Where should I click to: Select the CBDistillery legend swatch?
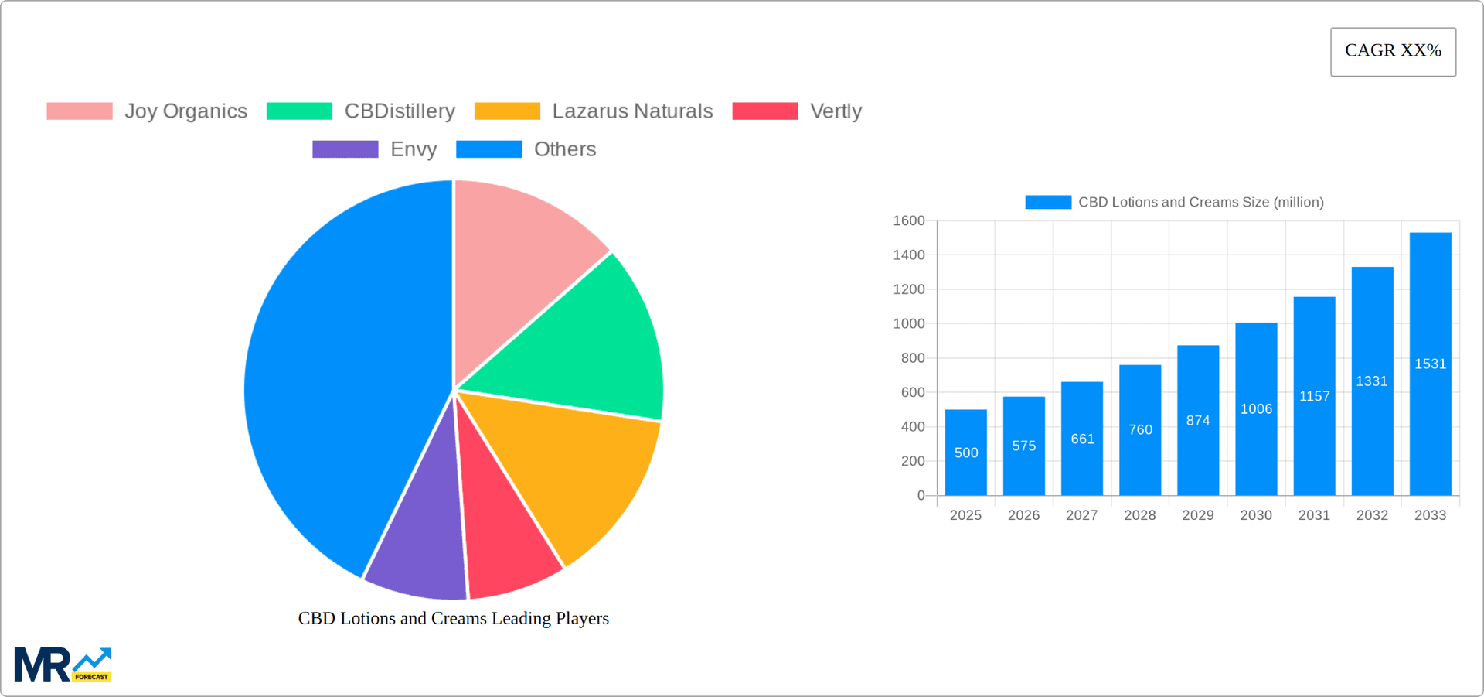tap(299, 111)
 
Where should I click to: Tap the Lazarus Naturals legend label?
tap(632, 111)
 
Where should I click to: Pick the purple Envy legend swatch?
tap(345, 149)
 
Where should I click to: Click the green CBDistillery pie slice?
tap(587, 340)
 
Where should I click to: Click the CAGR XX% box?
tap(1393, 51)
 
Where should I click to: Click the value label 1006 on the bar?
tap(1256, 409)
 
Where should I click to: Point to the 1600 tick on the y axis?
tap(909, 221)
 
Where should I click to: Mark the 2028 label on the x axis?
tap(1140, 515)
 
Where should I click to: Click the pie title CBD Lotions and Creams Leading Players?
tap(454, 618)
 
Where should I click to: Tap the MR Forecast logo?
tap(63, 665)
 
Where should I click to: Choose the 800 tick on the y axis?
tap(913, 358)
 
